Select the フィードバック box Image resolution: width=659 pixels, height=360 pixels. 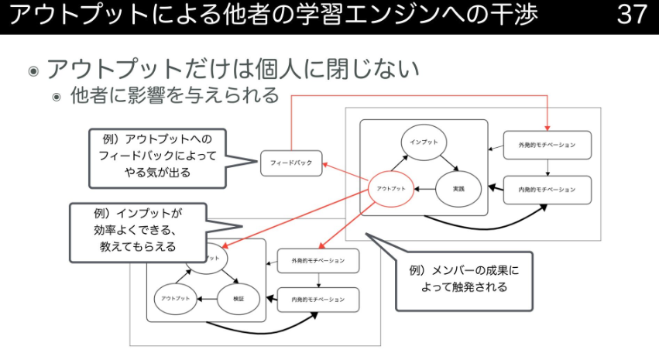pos(291,163)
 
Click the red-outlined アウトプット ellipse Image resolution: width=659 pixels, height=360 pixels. pos(392,189)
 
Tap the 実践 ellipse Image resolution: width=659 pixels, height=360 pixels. pos(458,189)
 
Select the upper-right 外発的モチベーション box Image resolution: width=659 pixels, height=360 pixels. pos(547,145)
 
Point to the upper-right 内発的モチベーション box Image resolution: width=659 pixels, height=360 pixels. pos(547,190)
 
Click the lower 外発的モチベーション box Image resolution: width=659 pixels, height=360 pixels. pos(318,260)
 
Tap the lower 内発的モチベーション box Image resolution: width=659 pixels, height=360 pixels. pos(318,300)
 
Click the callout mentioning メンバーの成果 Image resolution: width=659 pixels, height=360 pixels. pos(464,279)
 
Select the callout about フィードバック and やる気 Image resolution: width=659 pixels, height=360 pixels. pos(162,157)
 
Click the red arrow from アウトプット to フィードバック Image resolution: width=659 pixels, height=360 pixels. pos(345,173)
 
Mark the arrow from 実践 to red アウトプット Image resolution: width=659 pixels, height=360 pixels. pos(424,189)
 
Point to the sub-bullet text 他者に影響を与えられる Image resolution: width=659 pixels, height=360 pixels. pos(174,96)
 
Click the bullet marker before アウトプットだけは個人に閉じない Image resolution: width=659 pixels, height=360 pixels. pos(33,71)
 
